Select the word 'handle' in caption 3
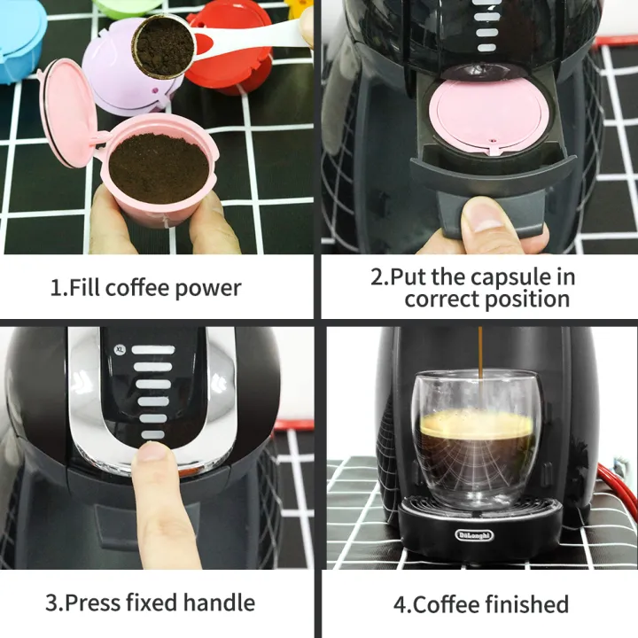pyautogui.click(x=218, y=603)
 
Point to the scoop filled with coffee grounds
pyautogui.click(x=164, y=45)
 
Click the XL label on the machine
pyautogui.click(x=119, y=349)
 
